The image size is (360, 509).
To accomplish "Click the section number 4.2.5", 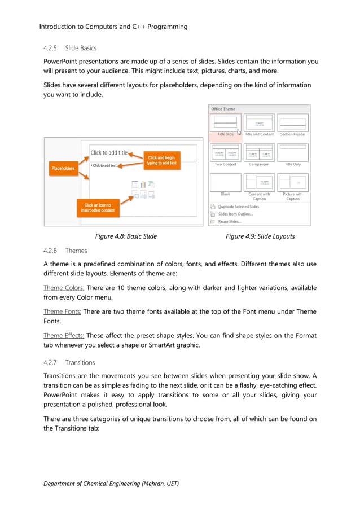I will tap(51, 48).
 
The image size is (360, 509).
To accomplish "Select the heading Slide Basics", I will tap(81, 48).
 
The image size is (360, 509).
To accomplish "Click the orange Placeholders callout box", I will tap(63, 168).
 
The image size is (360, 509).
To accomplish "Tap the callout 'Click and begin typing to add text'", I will tap(162, 160).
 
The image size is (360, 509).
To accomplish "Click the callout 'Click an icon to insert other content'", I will tap(98, 208).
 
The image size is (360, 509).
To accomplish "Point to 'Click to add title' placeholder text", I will tap(109, 153).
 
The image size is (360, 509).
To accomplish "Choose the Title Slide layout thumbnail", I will tap(225, 122).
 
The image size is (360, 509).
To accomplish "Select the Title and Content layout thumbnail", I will tap(259, 122).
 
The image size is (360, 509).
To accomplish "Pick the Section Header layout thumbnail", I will tap(292, 122).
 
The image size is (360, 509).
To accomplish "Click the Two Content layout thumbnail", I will tap(225, 152).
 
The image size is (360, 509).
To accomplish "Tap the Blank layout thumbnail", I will tap(225, 182).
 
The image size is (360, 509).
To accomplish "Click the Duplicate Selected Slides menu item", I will tap(239, 207).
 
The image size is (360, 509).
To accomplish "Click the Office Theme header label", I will tap(223, 109).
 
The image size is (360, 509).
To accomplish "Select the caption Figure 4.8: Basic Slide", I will tap(126, 236).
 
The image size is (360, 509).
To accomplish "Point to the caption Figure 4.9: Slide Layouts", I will tap(260, 236).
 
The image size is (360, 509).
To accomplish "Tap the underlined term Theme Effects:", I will tap(65, 335).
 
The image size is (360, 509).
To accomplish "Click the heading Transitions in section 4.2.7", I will tap(80, 362).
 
